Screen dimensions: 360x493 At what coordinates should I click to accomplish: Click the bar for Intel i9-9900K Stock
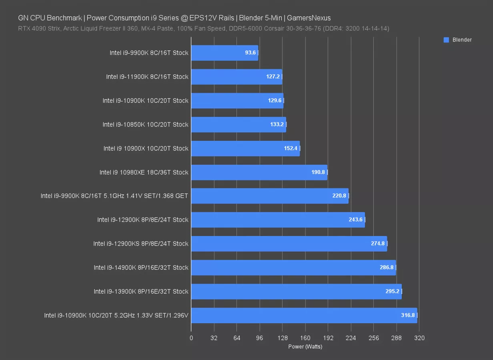(224, 53)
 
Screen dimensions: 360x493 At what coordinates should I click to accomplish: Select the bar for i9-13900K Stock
(296, 292)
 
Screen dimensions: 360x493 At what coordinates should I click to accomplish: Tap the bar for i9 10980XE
(259, 172)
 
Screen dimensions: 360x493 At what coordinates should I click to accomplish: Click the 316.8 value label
(408, 315)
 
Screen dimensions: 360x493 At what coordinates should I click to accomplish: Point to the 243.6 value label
(355, 220)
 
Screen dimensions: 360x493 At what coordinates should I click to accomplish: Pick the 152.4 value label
(291, 148)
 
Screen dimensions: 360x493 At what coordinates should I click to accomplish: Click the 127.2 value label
(273, 76)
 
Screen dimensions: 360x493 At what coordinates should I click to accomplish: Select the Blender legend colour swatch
(447, 40)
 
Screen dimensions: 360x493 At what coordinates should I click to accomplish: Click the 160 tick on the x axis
(305, 338)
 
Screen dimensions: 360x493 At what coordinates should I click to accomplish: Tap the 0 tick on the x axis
(191, 338)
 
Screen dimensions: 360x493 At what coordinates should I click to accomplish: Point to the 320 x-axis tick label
(419, 338)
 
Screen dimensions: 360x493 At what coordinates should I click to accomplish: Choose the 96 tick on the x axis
(259, 338)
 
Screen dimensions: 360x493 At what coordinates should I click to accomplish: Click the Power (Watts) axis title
(305, 347)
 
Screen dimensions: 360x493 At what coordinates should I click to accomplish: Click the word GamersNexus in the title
(311, 18)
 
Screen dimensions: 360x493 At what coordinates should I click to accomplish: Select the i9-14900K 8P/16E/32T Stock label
(141, 268)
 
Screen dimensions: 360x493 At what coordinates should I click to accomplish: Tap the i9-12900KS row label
(140, 244)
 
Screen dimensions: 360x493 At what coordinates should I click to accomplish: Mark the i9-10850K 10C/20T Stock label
(145, 124)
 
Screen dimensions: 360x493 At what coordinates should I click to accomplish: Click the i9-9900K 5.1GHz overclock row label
(114, 196)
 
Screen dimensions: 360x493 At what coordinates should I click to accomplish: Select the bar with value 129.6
(237, 101)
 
